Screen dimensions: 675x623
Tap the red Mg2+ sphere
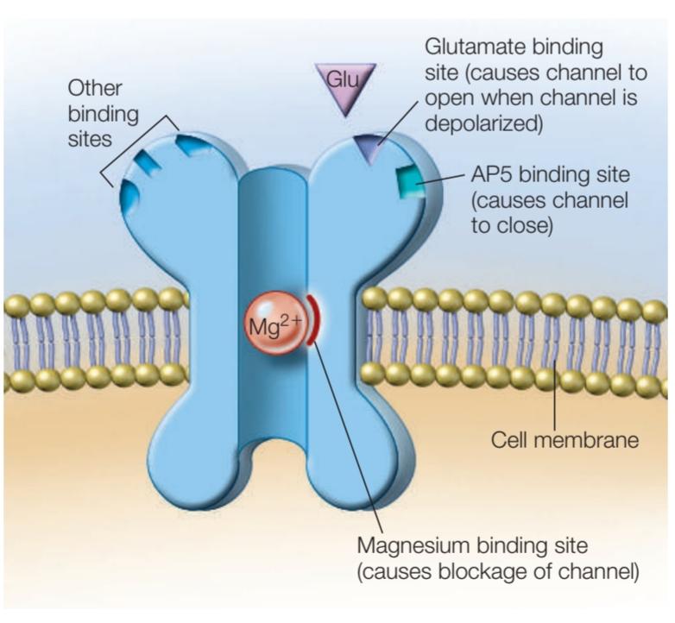tap(275, 323)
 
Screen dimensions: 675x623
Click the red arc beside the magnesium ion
tap(313, 320)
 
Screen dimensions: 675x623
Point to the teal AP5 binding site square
tap(410, 182)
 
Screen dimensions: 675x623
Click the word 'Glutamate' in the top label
tap(476, 47)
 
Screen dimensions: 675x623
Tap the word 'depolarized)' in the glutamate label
tap(483, 124)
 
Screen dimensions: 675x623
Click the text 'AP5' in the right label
tap(492, 174)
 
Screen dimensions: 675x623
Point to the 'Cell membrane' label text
tap(565, 440)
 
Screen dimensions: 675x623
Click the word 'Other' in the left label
tap(95, 88)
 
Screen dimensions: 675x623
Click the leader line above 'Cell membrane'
tap(554, 395)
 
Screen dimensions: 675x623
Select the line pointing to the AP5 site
tap(442, 179)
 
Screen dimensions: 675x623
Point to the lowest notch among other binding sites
tap(129, 194)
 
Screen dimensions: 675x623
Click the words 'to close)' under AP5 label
tap(512, 226)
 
